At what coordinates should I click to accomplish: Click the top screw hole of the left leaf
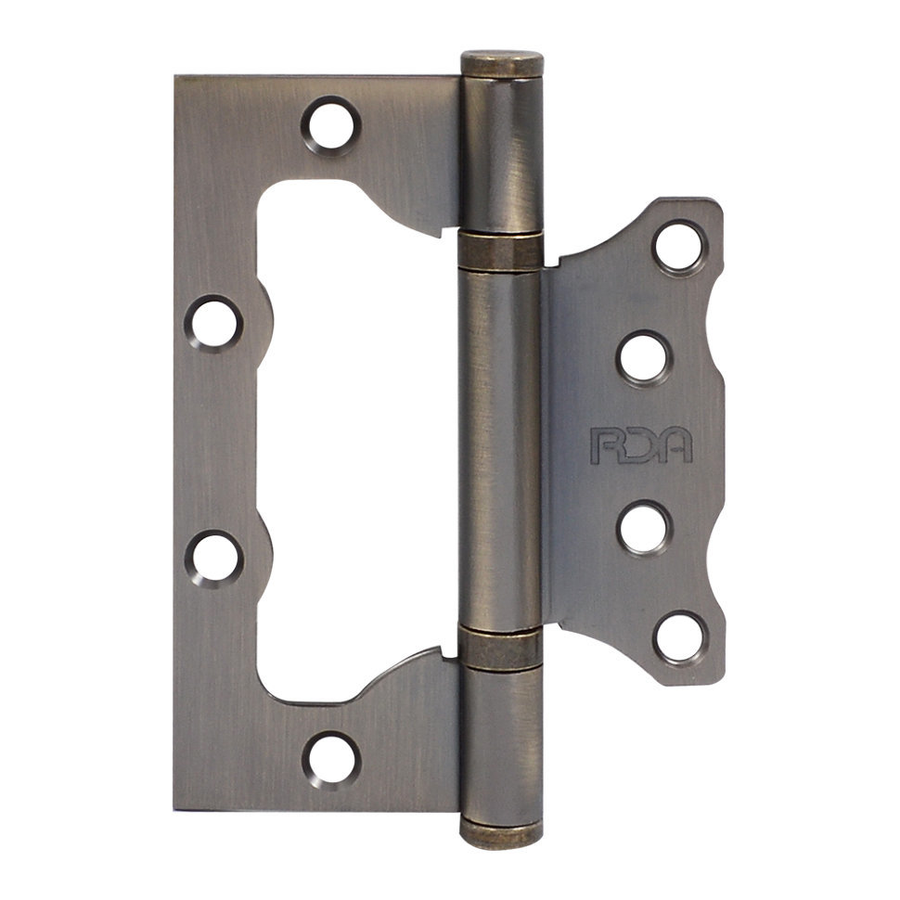tap(331, 125)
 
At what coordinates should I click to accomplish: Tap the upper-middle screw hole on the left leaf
tap(213, 323)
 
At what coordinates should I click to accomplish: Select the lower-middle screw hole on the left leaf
tap(214, 558)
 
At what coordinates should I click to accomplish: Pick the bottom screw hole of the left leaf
tap(332, 759)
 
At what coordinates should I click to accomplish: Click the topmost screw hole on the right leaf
tap(679, 247)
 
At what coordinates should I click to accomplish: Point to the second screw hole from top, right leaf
tap(643, 357)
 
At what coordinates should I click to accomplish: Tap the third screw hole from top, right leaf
tap(644, 528)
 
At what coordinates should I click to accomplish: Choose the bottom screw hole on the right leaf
tap(679, 638)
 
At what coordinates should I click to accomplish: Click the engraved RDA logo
tap(642, 445)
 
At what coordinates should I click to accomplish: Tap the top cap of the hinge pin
tap(502, 64)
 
